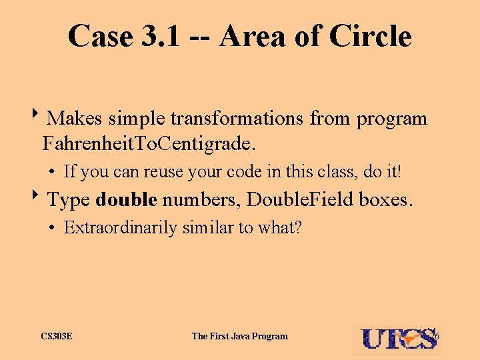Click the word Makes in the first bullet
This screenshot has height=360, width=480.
74,119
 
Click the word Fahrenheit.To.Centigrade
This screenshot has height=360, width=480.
148,143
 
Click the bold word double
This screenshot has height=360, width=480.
126,199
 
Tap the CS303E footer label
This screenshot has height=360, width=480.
57,336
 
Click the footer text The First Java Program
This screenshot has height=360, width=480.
240,336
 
